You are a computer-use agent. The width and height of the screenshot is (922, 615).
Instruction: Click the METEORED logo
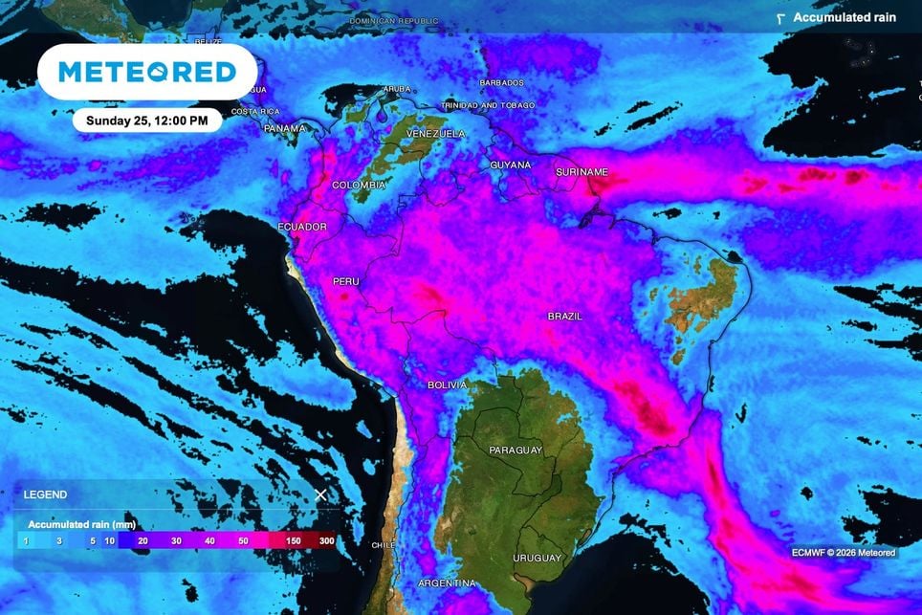[147, 72]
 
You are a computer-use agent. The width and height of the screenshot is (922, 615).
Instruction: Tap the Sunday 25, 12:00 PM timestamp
[147, 121]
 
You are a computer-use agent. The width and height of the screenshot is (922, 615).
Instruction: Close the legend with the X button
[321, 494]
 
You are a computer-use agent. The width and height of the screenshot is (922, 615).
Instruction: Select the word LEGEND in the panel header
[45, 494]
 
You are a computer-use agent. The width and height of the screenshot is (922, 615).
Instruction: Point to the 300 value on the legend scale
[327, 540]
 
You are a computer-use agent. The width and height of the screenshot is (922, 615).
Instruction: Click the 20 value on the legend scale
[143, 540]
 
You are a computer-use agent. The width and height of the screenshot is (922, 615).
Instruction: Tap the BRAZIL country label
[565, 316]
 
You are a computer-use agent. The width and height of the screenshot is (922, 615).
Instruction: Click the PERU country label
[345, 282]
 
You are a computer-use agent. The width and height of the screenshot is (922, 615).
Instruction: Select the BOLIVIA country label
[447, 384]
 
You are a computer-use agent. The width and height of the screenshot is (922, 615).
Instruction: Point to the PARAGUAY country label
[516, 450]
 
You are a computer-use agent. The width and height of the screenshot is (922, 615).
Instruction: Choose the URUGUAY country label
[537, 558]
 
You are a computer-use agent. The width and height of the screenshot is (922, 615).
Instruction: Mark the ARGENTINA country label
[447, 582]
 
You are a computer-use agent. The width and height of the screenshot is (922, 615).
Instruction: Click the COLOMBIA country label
[359, 185]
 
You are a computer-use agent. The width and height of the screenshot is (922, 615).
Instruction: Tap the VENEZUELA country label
[436, 133]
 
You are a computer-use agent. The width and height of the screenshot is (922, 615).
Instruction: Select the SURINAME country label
[582, 172]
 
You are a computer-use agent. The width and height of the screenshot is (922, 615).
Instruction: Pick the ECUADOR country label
[302, 227]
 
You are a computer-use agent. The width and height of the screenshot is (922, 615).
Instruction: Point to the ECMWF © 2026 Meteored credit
[844, 552]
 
